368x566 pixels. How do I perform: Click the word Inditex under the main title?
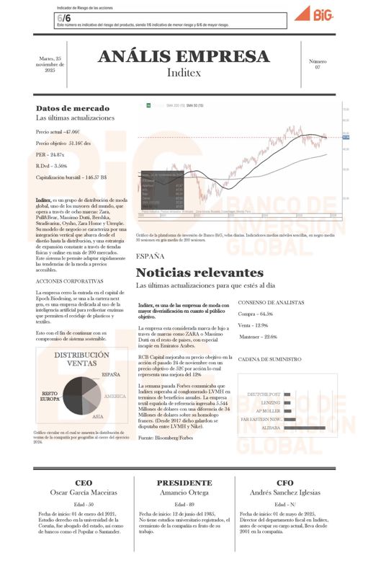click(184, 74)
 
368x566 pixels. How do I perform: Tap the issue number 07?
click(317, 67)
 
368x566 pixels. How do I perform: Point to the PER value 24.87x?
click(50, 154)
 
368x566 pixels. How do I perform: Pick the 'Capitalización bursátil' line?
click(71, 177)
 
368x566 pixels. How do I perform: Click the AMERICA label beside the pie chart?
click(115, 397)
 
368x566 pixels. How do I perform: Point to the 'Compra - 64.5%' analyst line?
click(256, 314)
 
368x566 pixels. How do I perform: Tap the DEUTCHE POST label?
click(264, 394)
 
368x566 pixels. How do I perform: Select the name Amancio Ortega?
click(184, 492)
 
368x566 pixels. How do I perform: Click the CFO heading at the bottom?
click(284, 482)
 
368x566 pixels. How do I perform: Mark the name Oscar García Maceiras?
click(84, 492)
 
